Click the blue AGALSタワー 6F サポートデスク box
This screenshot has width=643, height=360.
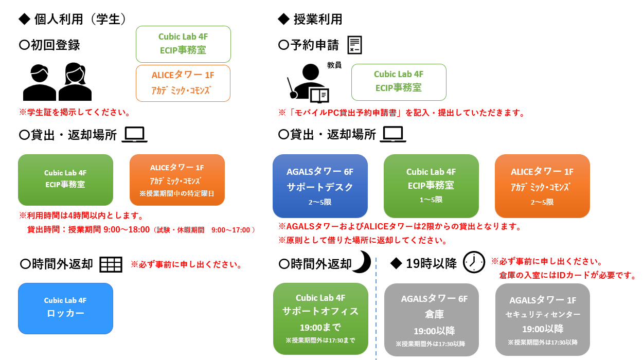pyautogui.click(x=320, y=186)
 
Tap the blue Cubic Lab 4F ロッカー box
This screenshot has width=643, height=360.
pyautogui.click(x=65, y=308)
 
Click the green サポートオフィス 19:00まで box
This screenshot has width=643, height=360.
pyautogui.click(x=320, y=318)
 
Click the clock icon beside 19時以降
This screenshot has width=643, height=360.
pyautogui.click(x=473, y=262)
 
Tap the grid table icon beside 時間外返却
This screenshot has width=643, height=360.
pyautogui.click(x=111, y=264)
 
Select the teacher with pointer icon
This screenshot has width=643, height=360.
pyautogui.click(x=307, y=82)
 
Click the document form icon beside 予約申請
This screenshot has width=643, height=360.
pyautogui.click(x=354, y=45)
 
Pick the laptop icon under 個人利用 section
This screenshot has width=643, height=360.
pyautogui.click(x=135, y=135)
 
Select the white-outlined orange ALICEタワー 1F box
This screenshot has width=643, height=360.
pyautogui.click(x=183, y=83)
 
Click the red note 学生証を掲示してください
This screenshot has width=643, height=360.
pyautogui.click(x=74, y=112)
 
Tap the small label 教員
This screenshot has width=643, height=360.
pyautogui.click(x=334, y=65)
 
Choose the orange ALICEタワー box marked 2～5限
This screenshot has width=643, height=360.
pyautogui.click(x=542, y=186)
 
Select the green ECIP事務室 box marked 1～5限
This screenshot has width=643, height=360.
pyautogui.click(x=431, y=186)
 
